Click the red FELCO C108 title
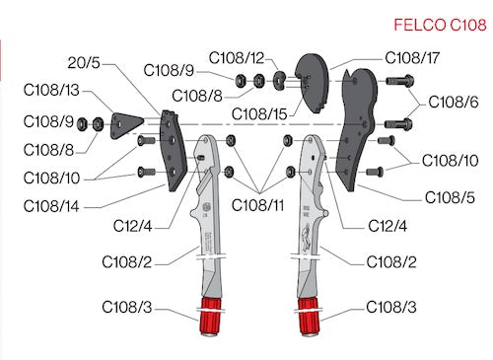click(440, 25)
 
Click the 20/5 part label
click(84, 62)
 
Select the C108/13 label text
click(51, 90)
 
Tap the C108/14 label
click(51, 206)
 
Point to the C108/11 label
click(257, 205)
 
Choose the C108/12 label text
click(237, 58)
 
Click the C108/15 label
click(259, 114)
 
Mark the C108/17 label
click(412, 58)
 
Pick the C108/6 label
click(454, 102)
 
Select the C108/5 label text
click(450, 197)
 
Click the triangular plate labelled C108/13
click(126, 125)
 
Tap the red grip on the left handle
click(210, 317)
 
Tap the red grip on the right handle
click(309, 317)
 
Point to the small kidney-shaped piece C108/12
click(280, 81)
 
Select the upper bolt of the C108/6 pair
click(399, 81)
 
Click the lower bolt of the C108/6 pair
click(398, 124)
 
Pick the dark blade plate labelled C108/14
click(173, 151)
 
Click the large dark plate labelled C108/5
click(357, 128)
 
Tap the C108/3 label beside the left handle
click(127, 307)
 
